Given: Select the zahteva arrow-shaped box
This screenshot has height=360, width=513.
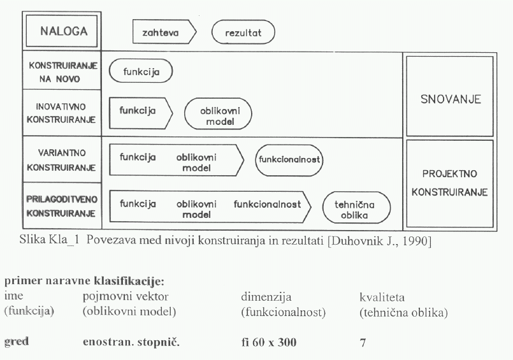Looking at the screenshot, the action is click(164, 32).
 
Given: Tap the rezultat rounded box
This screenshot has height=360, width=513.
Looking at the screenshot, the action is click(243, 32).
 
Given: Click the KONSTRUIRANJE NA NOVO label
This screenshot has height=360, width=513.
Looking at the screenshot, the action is click(63, 72).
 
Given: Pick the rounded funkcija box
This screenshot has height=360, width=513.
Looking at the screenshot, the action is click(141, 71).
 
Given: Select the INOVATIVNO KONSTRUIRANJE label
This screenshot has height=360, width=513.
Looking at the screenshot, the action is click(61, 113).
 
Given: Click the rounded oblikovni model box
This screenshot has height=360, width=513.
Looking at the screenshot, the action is click(218, 114).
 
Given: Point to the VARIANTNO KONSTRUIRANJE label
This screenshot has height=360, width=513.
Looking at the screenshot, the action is click(61, 160).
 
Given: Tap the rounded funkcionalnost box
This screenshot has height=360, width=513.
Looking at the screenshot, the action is click(289, 160).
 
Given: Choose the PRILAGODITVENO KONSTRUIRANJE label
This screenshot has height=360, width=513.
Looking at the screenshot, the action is click(62, 206).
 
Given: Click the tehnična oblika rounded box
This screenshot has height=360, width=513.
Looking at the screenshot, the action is click(356, 208).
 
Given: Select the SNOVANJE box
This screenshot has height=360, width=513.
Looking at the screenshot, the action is click(450, 96).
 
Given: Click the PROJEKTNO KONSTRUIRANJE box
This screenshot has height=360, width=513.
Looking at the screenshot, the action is click(450, 184).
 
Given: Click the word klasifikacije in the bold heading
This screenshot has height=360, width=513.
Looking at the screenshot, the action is click(129, 280).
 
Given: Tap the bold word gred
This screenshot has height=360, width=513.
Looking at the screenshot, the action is click(17, 342).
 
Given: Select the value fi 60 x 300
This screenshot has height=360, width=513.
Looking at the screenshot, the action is click(269, 342).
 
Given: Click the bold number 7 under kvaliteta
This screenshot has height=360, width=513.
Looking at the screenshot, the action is click(363, 343).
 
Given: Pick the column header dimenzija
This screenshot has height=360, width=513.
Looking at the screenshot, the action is click(266, 297).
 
